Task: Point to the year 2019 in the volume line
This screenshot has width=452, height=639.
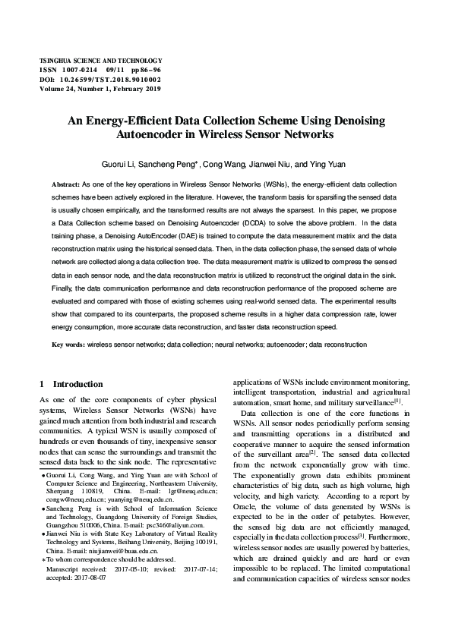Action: [x=152, y=88]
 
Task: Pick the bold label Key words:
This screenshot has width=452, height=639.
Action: [x=68, y=345]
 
